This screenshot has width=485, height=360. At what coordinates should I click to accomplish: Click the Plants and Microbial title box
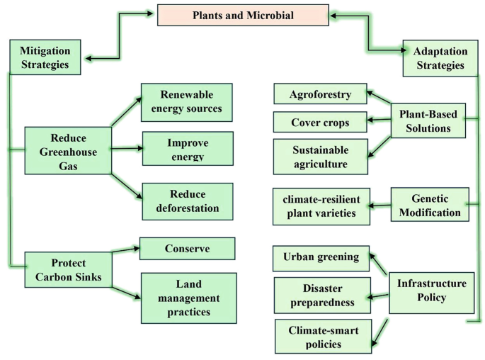[243, 15]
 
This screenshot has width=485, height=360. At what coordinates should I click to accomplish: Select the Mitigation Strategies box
[45, 57]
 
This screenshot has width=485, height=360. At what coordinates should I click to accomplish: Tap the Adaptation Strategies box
[440, 57]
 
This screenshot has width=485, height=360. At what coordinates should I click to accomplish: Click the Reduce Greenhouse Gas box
[68, 150]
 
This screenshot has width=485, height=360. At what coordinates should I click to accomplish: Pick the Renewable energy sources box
[186, 102]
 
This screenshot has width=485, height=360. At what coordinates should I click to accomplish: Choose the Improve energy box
[188, 148]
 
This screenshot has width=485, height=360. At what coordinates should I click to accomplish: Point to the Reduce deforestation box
[188, 201]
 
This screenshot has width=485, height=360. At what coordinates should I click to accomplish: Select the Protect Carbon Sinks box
[68, 269]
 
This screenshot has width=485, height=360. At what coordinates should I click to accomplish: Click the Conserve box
[187, 249]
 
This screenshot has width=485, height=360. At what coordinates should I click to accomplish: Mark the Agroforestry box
[321, 94]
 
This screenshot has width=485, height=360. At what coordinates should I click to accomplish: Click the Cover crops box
[320, 122]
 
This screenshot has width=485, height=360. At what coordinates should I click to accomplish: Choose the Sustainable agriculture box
[321, 157]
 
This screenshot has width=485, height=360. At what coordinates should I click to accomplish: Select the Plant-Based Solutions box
[428, 121]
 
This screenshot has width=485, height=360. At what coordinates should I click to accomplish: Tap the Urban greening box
[321, 257]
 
